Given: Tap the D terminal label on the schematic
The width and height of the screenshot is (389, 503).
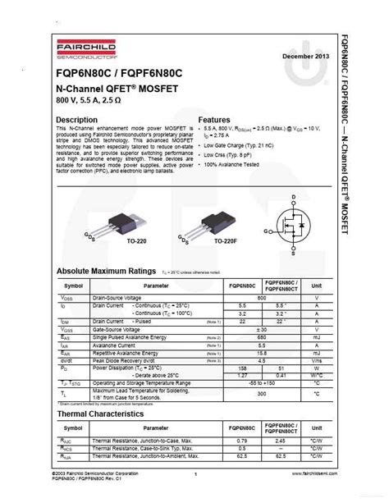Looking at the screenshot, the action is point(293,198).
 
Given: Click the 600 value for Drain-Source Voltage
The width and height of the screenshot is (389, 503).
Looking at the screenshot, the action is point(261,297).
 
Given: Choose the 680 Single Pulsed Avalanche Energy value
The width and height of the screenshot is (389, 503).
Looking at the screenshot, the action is point(261,337).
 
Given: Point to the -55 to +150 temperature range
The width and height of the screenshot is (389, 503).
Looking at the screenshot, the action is point(261,383).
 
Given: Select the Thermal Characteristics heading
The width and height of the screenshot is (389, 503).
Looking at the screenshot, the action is point(100,414).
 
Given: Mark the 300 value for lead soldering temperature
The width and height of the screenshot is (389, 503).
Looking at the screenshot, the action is point(261,394).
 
